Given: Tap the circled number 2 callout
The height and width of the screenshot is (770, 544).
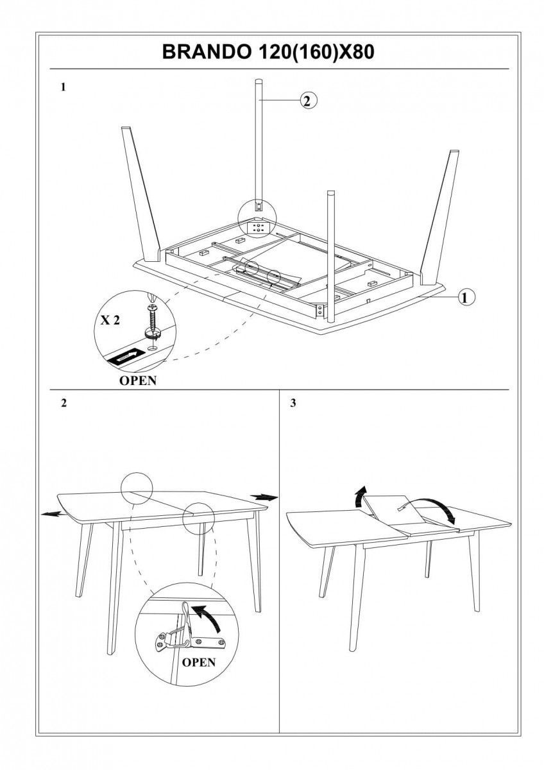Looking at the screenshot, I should (x=309, y=100).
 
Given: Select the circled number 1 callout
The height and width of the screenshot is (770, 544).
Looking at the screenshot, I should (x=466, y=296).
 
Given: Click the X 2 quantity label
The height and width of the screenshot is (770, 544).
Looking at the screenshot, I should (x=109, y=321).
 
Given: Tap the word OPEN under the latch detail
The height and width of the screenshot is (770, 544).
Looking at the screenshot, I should (x=199, y=662).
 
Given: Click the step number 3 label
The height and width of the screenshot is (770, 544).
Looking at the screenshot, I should (x=293, y=404).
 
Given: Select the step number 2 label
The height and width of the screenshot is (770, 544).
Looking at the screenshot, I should (x=63, y=404).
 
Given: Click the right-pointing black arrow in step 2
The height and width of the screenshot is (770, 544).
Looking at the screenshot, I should (x=264, y=497).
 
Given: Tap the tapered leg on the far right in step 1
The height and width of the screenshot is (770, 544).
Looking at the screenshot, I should (x=441, y=212).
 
